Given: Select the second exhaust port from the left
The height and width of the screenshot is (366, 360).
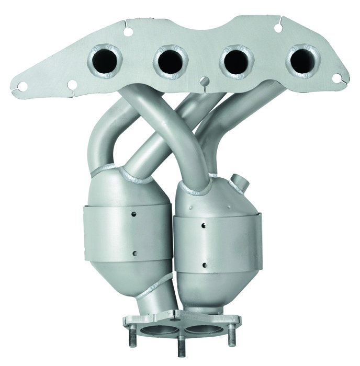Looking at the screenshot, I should click(x=171, y=61).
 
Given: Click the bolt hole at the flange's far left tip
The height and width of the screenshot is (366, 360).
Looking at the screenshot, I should click(x=22, y=85).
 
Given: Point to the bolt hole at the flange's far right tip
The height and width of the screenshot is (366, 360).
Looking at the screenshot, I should click(x=337, y=78).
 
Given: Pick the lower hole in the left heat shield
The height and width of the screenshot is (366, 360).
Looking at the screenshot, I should click(x=134, y=253).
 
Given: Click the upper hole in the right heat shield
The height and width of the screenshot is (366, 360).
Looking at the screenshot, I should click(x=203, y=225).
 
